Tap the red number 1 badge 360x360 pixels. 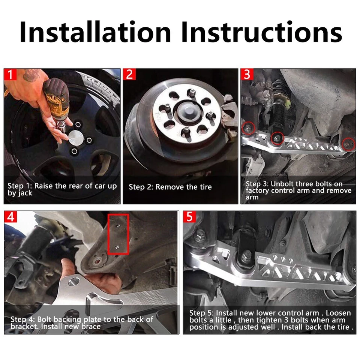pyautogui.click(x=10, y=74)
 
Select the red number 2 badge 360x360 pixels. pyautogui.click(x=129, y=74)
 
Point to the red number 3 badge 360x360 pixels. pyautogui.click(x=247, y=74)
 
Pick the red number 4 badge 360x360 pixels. pyautogui.click(x=10, y=217)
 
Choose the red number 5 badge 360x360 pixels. pyautogui.click(x=189, y=217)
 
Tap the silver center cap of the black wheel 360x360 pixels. pyautogui.click(x=76, y=138)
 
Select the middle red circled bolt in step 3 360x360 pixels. pyautogui.click(x=277, y=138)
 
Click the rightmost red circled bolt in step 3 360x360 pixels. pyautogui.click(x=348, y=144)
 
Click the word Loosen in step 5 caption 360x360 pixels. pyautogui.click(x=338, y=313)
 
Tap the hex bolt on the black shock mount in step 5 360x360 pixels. pyautogui.click(x=247, y=254)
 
